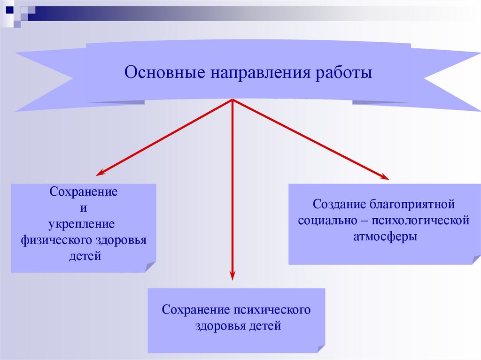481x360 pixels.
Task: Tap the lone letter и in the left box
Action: pyautogui.click(x=84, y=208)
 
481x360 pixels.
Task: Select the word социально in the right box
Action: pyautogui.click(x=326, y=221)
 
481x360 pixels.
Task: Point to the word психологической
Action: pyautogui.click(x=421, y=221)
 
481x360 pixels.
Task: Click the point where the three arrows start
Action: pyautogui.click(x=233, y=100)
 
